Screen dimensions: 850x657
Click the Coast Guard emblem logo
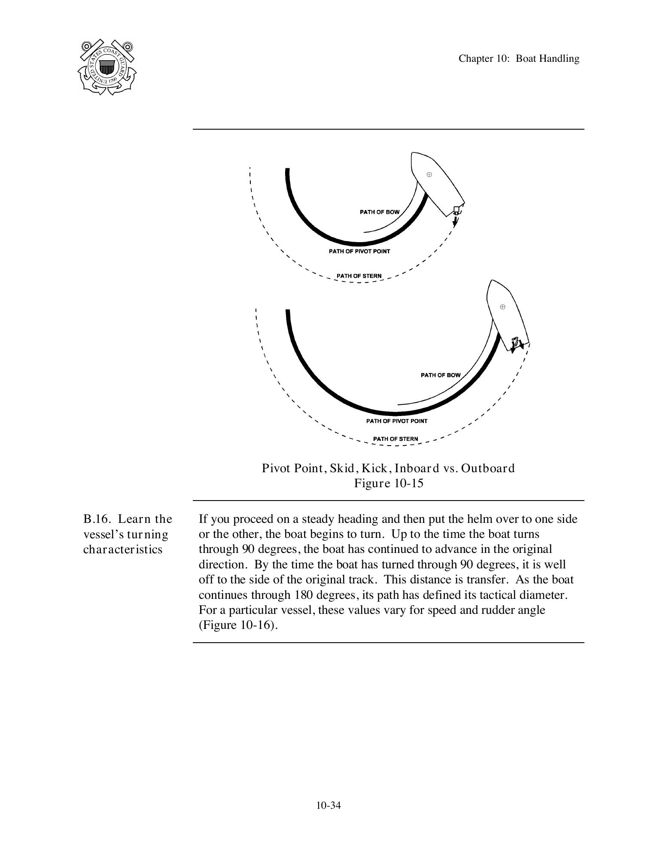[107, 67]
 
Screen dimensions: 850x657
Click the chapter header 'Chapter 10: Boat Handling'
[518, 58]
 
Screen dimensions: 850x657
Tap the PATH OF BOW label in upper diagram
[379, 212]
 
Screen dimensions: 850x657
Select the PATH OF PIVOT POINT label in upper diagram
[359, 251]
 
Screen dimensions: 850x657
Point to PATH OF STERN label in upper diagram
[359, 276]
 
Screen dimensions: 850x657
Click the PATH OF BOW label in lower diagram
[440, 375]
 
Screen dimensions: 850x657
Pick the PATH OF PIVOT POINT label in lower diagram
[396, 421]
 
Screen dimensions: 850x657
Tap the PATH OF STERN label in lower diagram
[395, 439]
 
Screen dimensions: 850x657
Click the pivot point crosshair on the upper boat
[429, 174]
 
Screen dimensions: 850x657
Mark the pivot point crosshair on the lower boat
[503, 307]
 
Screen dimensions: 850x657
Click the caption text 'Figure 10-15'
[388, 483]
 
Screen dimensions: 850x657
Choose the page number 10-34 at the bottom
[328, 805]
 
